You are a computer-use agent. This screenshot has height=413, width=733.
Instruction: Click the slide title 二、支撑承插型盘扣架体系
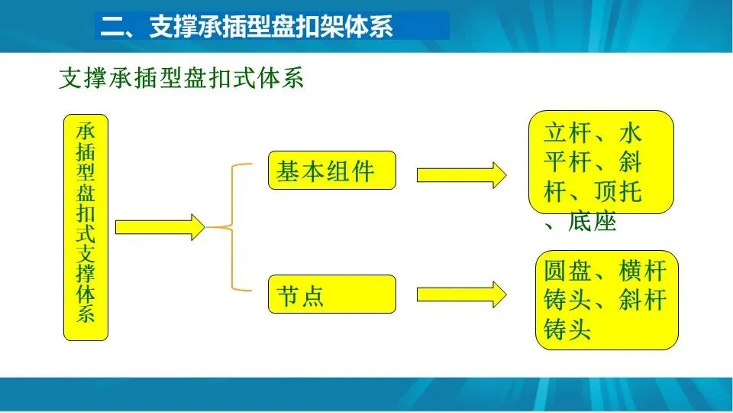(x=248, y=28)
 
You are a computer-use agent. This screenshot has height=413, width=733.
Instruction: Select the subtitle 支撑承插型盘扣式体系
(x=181, y=79)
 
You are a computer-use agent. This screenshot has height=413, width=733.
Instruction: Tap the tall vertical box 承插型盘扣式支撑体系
(x=86, y=227)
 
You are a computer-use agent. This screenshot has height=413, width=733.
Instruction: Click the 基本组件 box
(x=332, y=171)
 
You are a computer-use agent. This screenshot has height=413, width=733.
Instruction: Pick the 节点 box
(x=332, y=294)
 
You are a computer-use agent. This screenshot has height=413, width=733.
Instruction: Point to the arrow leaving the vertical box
(x=160, y=227)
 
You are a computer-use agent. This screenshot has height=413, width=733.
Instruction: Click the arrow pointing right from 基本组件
(x=461, y=174)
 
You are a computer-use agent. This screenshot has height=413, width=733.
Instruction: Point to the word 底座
(x=592, y=222)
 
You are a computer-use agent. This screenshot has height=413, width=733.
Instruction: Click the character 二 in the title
(x=113, y=28)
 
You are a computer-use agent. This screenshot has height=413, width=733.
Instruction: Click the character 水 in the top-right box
(x=630, y=133)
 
